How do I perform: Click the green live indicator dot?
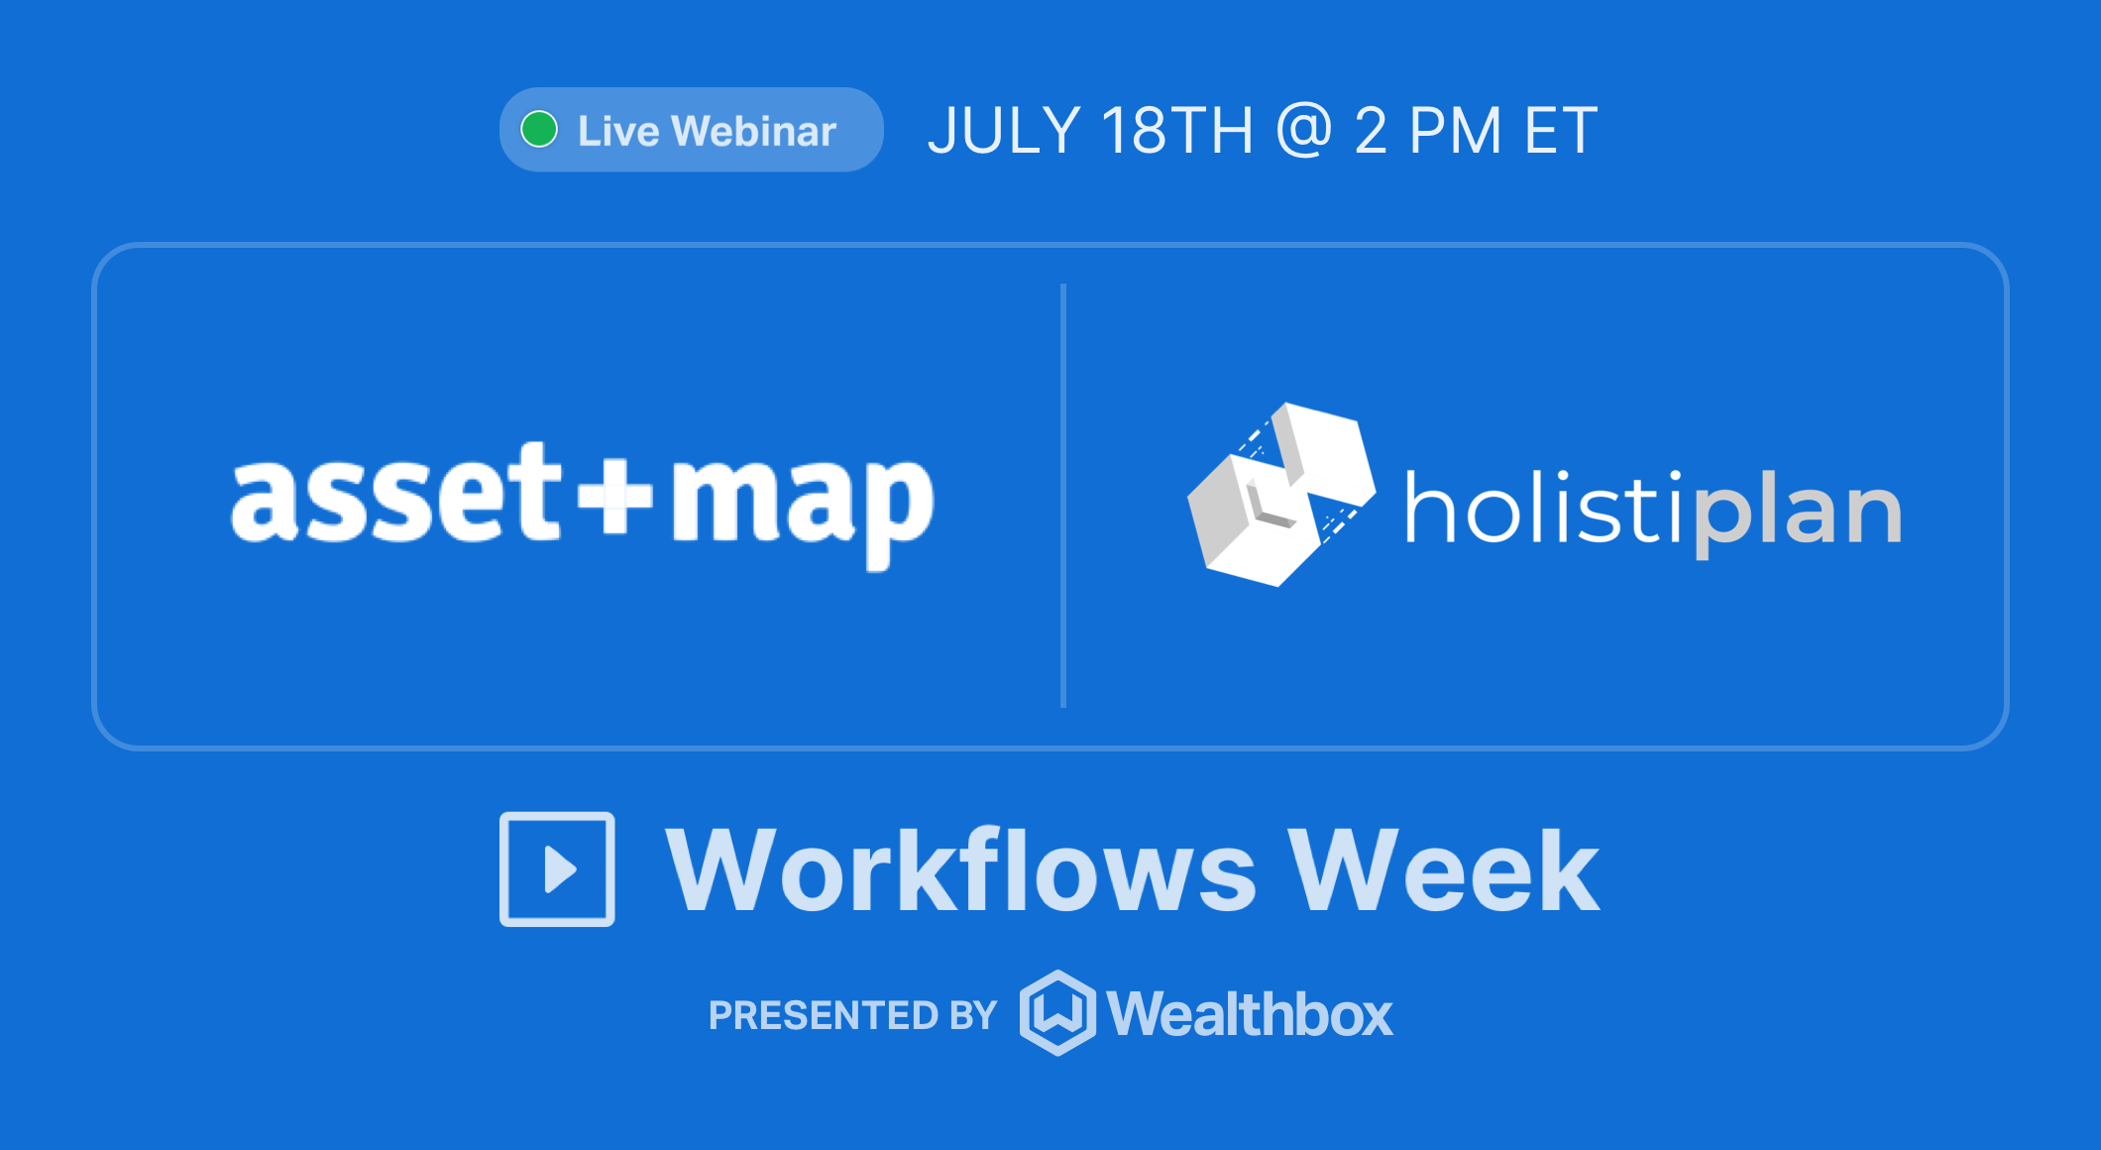click(539, 130)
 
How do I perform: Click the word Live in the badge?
click(617, 131)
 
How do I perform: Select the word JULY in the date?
click(1004, 131)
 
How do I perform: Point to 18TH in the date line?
click(1176, 131)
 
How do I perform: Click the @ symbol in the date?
click(1304, 131)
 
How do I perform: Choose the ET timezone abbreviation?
click(1561, 131)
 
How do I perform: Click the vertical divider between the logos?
click(1063, 496)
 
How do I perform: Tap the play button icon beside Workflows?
click(557, 869)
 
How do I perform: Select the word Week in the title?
click(1443, 870)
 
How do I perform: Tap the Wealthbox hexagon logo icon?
click(1057, 1013)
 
